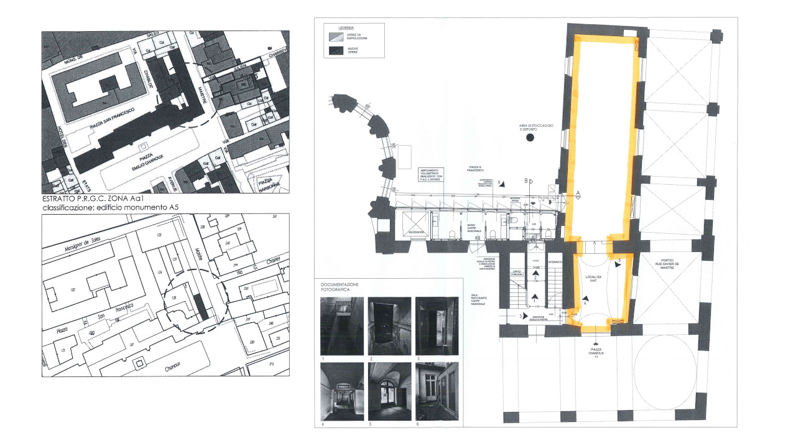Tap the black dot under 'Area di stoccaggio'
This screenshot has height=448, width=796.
530,137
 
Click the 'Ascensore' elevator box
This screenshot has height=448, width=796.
415,224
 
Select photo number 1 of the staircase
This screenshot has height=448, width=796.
337,326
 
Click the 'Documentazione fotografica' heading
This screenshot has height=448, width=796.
340,287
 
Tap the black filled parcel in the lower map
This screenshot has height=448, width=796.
200,306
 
